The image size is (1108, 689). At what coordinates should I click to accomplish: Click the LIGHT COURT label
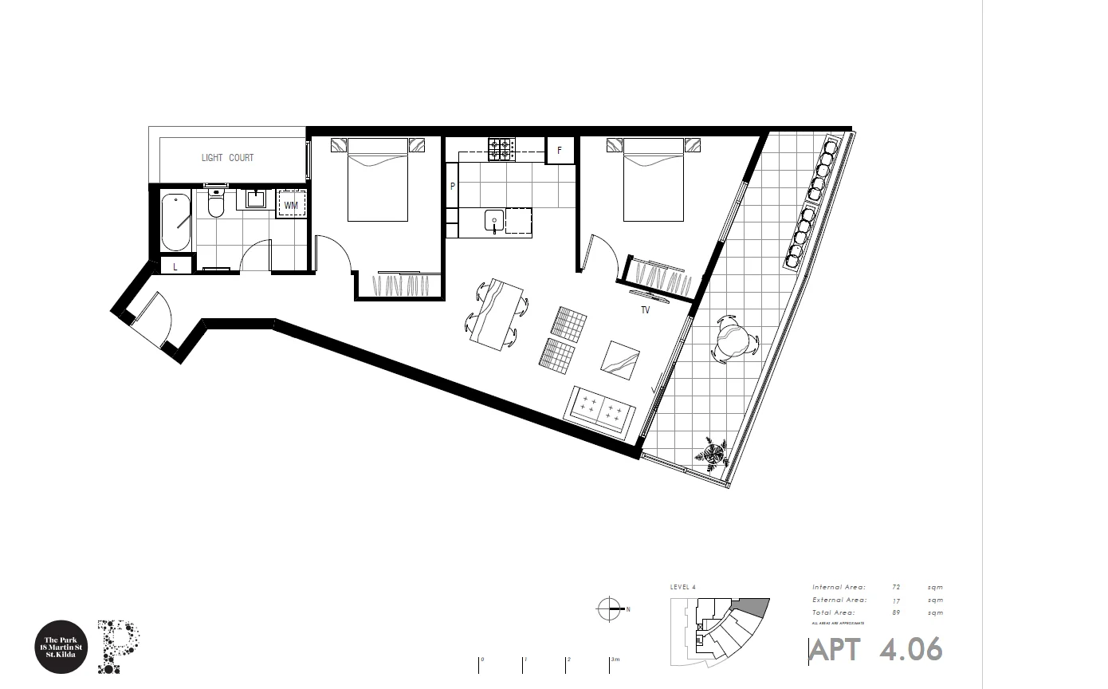point(227,158)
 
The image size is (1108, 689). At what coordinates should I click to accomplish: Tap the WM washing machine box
point(291,205)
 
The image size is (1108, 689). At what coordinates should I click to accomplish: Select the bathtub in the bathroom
point(175,222)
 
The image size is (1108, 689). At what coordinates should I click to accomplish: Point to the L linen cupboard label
point(175,267)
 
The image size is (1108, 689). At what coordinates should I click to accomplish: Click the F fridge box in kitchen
point(560,151)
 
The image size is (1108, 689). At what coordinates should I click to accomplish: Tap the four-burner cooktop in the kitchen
point(501,149)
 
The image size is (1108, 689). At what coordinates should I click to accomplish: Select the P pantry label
point(453,187)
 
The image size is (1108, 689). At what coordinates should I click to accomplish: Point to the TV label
point(645,310)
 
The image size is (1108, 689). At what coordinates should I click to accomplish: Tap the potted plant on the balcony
point(711,454)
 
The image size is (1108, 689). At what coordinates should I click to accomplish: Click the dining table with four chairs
point(497,313)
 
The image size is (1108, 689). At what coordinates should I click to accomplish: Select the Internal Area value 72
point(897,587)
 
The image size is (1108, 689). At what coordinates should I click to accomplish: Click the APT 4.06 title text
point(876,650)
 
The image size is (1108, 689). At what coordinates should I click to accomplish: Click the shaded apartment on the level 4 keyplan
point(752,607)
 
